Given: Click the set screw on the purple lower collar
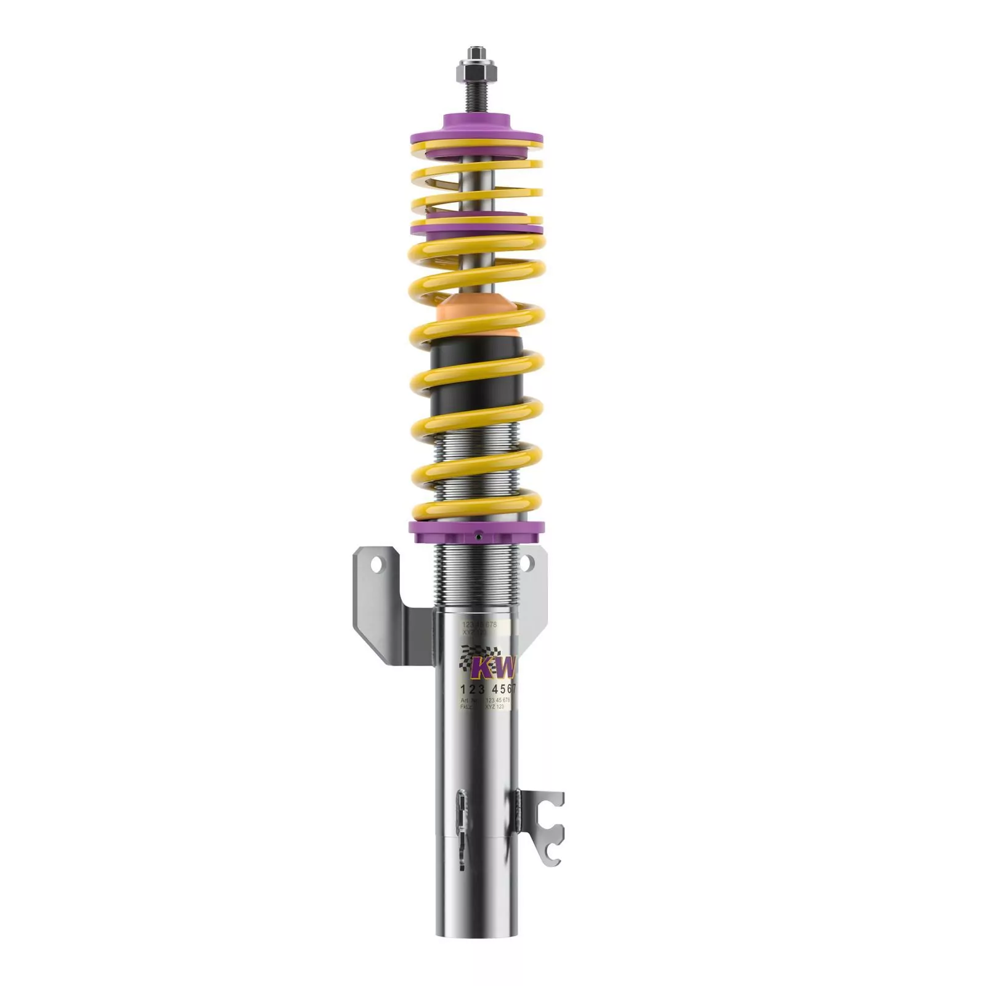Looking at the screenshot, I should (479, 537).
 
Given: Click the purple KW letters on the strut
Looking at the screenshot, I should (493, 666).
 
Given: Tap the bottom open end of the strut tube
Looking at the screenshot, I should (476, 934).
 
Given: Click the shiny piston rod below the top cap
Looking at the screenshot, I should (479, 185).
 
